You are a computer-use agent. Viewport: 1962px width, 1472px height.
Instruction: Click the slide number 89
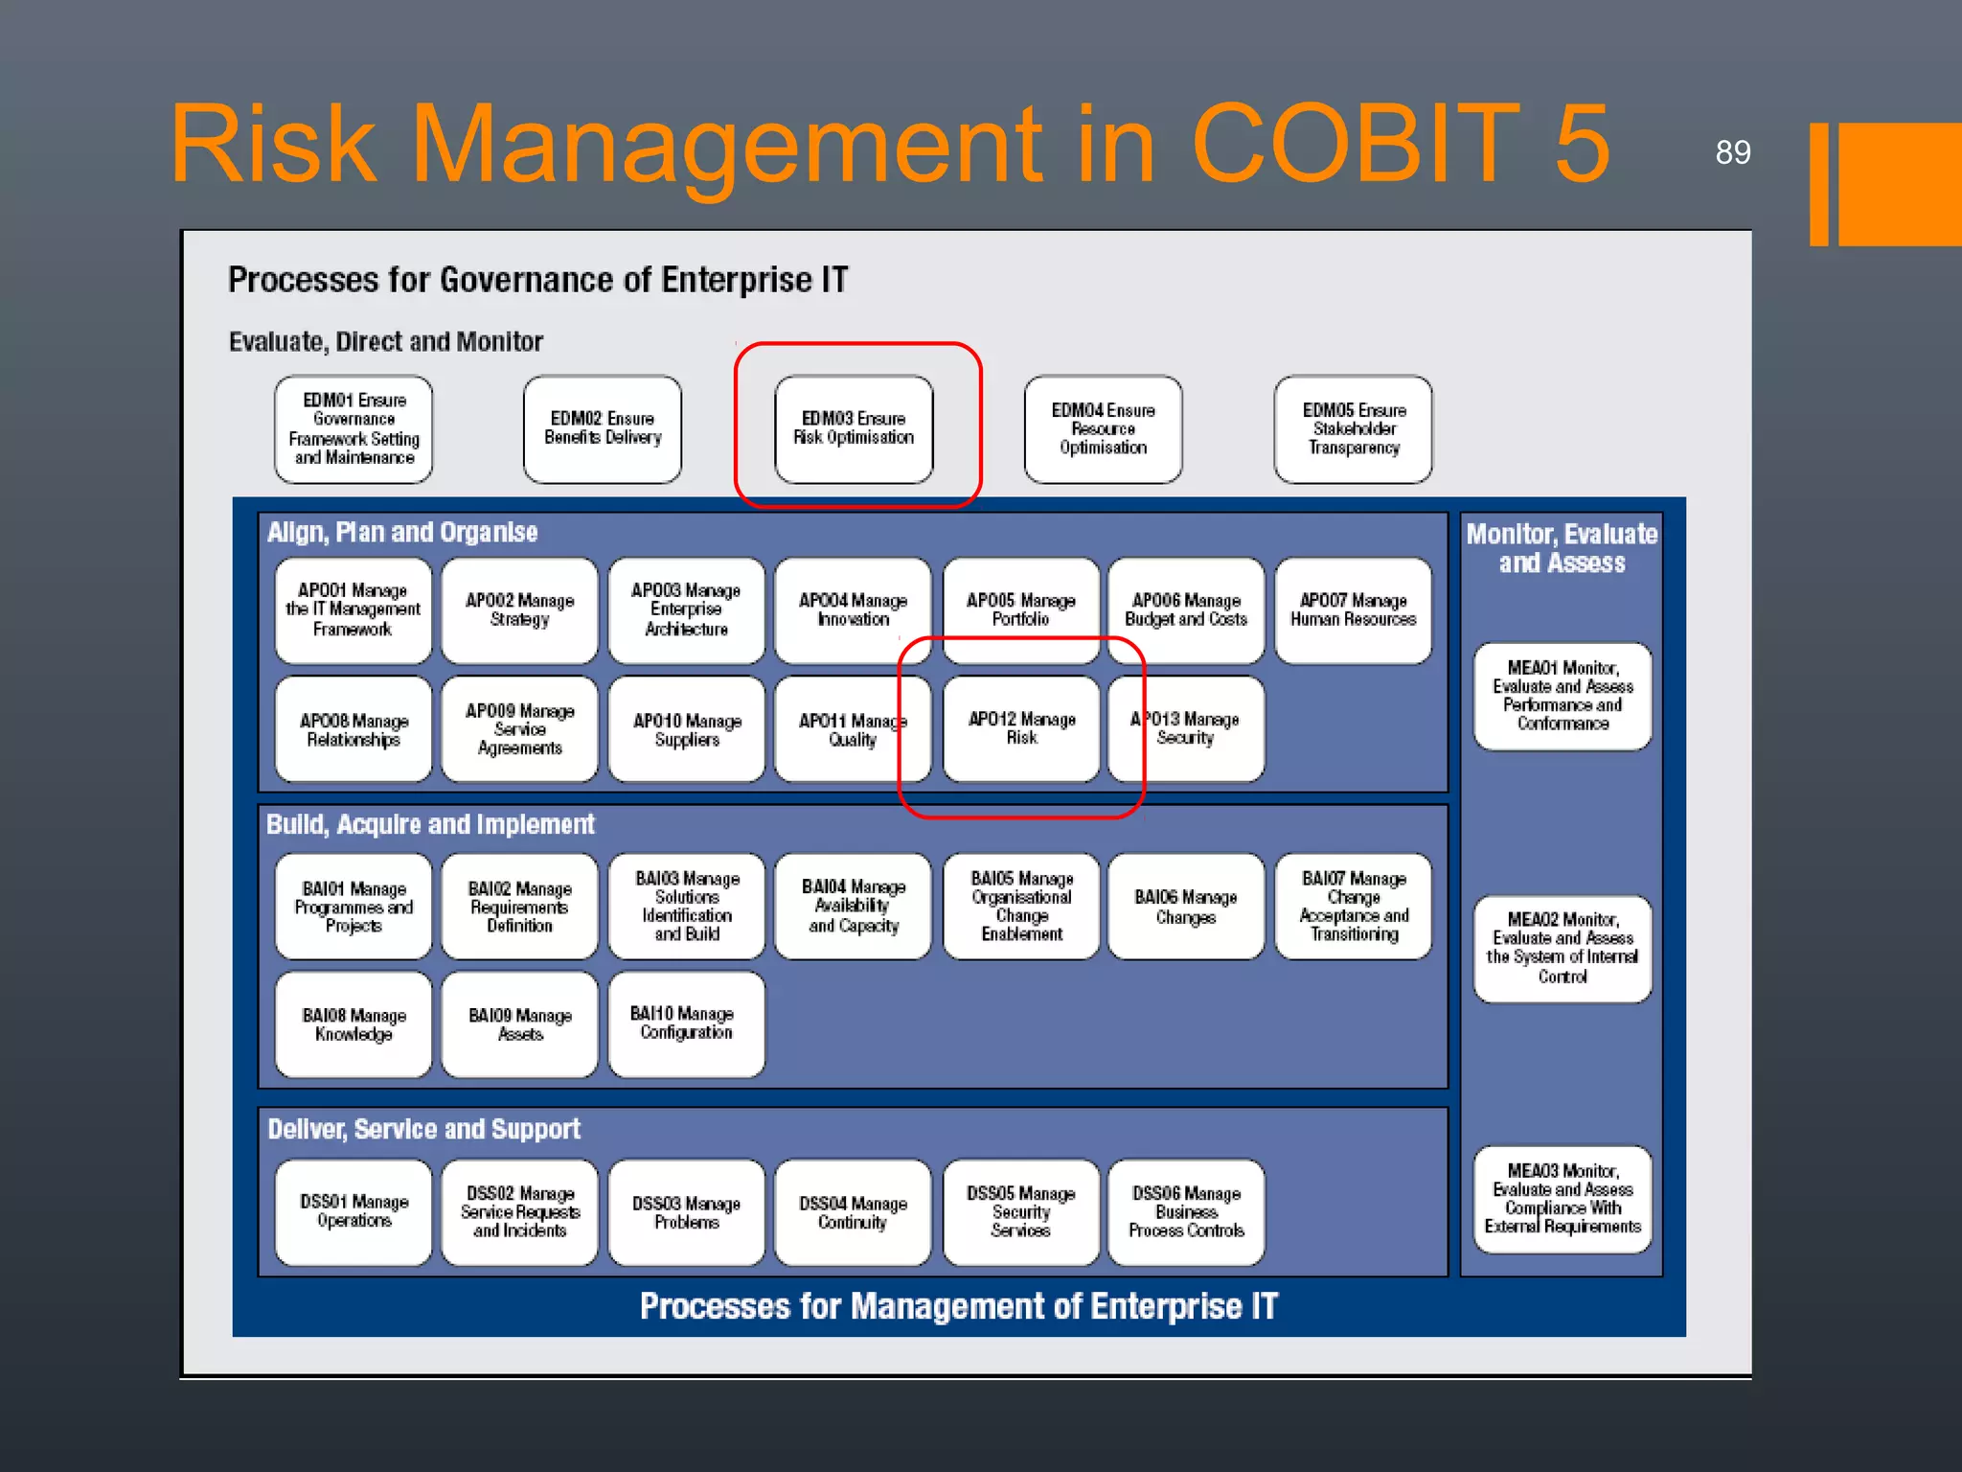tap(1732, 152)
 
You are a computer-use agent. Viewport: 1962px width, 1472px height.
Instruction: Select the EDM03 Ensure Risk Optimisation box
tap(854, 428)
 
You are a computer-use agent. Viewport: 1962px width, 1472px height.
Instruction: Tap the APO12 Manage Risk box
tap(1021, 728)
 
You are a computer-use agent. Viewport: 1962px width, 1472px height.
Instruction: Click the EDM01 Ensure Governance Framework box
tap(354, 428)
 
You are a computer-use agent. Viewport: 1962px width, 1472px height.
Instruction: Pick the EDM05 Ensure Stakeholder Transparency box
tap(1353, 428)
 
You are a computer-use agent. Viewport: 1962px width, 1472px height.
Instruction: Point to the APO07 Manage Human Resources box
tap(1353, 610)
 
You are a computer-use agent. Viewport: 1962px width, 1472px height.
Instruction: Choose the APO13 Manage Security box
tap(1186, 728)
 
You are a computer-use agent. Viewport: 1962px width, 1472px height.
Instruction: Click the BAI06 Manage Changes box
tap(1186, 907)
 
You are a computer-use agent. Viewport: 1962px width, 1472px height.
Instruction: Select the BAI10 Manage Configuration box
tap(686, 1023)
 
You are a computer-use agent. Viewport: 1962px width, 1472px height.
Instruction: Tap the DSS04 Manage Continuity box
tap(853, 1212)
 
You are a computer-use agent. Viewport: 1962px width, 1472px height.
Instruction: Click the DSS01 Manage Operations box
tap(354, 1212)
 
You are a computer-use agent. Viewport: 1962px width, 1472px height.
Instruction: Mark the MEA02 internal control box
tap(1563, 948)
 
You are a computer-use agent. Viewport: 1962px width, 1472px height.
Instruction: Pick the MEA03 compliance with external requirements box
tap(1563, 1199)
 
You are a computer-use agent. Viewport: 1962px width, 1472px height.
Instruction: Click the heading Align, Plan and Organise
tap(402, 533)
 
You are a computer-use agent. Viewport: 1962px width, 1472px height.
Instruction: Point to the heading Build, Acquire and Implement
tap(430, 825)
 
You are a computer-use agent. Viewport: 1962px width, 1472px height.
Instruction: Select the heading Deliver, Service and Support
tap(423, 1130)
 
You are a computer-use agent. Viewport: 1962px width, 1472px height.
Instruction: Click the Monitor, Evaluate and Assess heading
tap(1562, 548)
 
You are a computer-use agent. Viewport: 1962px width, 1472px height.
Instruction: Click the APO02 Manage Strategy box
tap(519, 610)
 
